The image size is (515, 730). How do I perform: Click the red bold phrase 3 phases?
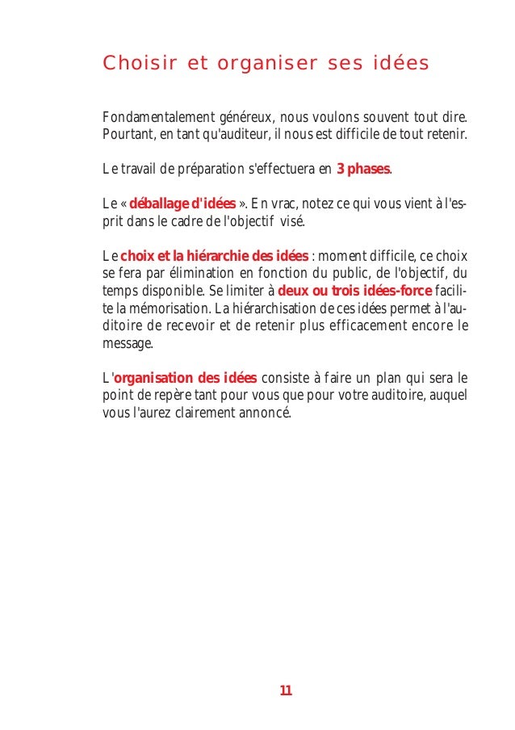pos(362,169)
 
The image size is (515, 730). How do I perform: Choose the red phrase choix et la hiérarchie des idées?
pos(214,256)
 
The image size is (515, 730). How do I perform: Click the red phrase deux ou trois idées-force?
pos(355,291)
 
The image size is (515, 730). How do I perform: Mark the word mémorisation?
pos(164,308)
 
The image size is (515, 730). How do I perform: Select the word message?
pos(126,343)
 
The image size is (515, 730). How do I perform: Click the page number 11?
pos(286,690)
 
